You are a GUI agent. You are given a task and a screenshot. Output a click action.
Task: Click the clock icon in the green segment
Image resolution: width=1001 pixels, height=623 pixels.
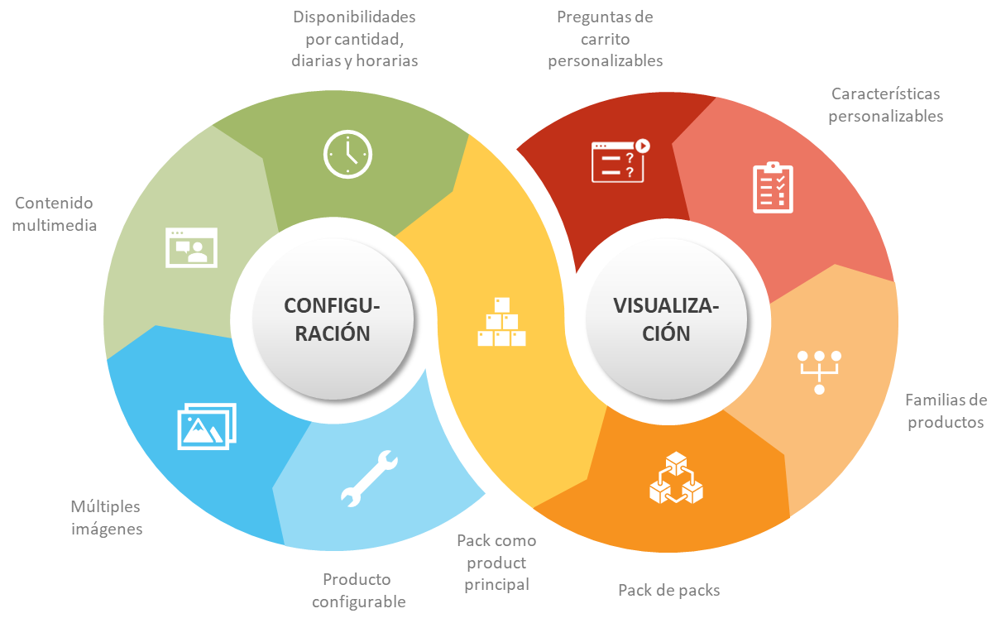point(347,155)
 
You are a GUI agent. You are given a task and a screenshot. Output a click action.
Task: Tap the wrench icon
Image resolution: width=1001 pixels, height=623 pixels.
point(369,478)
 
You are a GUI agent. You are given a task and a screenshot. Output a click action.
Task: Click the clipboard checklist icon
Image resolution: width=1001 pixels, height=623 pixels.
point(773,188)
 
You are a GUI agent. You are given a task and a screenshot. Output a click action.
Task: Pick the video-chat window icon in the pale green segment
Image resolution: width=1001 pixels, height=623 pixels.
point(191,247)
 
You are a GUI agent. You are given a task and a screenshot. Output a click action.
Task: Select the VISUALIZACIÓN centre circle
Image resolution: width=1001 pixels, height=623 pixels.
point(667,319)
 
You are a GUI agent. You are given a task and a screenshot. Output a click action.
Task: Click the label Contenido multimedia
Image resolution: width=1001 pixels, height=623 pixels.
point(55,213)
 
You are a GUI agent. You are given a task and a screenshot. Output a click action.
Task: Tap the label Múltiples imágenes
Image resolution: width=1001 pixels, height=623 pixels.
point(106,517)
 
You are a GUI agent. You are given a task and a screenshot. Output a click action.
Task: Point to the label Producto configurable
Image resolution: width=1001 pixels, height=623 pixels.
point(358,590)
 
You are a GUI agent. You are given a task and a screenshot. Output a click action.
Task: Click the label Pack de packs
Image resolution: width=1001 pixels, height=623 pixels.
point(668,590)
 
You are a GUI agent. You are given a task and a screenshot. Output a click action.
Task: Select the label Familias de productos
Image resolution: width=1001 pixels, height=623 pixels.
point(946,411)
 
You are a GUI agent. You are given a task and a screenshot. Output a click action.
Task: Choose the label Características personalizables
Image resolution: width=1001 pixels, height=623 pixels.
point(885,105)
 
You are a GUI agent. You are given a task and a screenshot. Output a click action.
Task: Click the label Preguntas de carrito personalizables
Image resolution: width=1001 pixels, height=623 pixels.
point(605,38)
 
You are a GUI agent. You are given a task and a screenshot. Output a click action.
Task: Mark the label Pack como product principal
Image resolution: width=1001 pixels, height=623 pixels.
point(496,563)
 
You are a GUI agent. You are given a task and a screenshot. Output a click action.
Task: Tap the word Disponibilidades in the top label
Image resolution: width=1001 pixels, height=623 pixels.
point(355,17)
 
